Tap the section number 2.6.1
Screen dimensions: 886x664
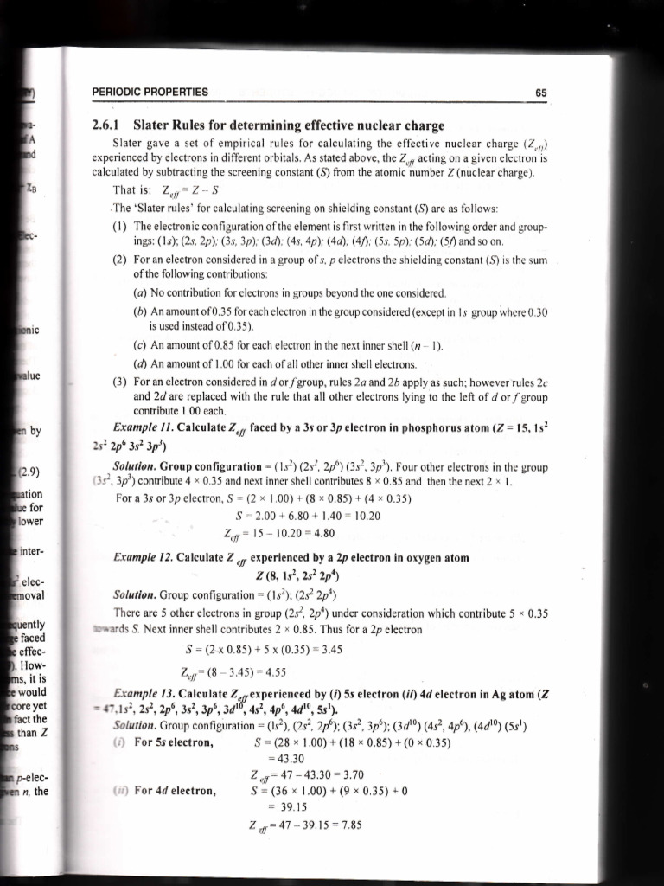coord(108,125)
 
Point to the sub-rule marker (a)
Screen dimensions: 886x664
coord(140,292)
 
